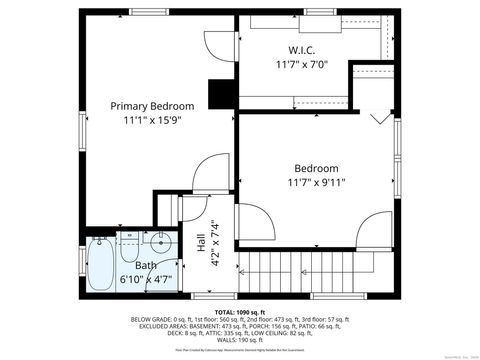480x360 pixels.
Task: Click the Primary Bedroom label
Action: click(152, 106)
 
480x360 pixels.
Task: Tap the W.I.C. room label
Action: click(302, 50)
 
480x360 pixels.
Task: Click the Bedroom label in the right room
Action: click(316, 168)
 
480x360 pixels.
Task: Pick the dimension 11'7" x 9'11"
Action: click(316, 183)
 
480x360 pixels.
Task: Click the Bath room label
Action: click(147, 266)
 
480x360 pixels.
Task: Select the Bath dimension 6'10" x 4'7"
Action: click(147, 280)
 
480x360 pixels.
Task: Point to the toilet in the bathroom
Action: click(130, 243)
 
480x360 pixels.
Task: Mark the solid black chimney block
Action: click(219, 93)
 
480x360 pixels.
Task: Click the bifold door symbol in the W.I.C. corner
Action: click(379, 119)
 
